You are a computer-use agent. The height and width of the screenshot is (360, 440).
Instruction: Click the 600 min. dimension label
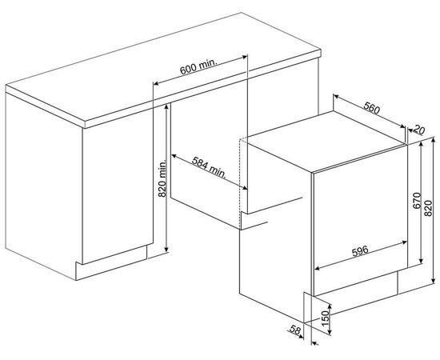[x=198, y=66]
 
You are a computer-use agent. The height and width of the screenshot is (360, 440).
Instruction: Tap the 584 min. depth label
[x=210, y=167]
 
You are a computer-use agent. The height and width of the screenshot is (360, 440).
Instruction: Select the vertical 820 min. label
[x=162, y=178]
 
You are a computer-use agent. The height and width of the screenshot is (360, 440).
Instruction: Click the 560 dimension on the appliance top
[x=371, y=108]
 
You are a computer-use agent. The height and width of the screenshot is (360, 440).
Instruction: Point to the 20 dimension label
[x=419, y=130]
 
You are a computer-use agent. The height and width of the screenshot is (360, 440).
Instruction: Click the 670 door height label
[x=417, y=200]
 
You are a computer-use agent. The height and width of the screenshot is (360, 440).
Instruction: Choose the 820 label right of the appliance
[x=428, y=208]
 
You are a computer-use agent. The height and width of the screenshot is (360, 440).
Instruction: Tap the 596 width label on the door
[x=360, y=250]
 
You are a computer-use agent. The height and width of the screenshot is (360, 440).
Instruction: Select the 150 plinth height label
[x=325, y=318]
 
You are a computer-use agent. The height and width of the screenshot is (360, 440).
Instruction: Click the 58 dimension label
[x=295, y=330]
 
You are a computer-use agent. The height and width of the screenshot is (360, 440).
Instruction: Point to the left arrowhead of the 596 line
[x=317, y=269]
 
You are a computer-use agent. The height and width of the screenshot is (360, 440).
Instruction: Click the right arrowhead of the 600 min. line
[x=245, y=57]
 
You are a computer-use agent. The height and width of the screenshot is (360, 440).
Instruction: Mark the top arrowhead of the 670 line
[x=421, y=145]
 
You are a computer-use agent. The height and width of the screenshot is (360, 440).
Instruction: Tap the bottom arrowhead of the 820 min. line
[x=166, y=249]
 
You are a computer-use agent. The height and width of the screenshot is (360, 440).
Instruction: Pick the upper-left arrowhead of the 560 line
[x=336, y=97]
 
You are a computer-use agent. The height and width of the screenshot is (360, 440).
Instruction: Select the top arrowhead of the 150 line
[x=330, y=307]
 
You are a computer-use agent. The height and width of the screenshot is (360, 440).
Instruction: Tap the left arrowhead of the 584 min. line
[x=174, y=155]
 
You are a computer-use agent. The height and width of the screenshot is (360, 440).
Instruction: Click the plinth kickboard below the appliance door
[x=356, y=283]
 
